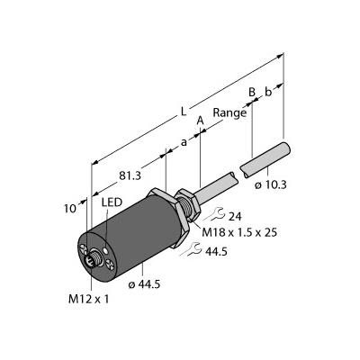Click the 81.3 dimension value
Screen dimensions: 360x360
point(130,175)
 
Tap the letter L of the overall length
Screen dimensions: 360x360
point(184,112)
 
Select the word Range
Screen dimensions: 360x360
point(229,113)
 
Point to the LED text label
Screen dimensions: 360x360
point(112,202)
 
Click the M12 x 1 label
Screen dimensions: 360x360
point(89,299)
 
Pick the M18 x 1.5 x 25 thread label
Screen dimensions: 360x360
point(239,232)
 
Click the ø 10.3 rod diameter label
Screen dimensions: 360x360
point(271,185)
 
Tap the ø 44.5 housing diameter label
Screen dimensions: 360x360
point(144,284)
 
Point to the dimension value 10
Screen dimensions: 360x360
point(70,209)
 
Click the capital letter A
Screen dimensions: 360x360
point(200,121)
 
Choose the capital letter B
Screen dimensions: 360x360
point(252,92)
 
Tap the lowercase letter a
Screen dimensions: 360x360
point(184,142)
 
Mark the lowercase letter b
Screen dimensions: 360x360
point(268,92)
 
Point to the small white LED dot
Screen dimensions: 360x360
point(105,249)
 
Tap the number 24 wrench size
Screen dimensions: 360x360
point(235,216)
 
